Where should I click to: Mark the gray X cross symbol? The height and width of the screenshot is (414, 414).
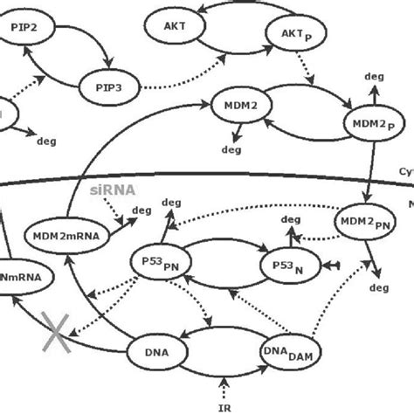(57, 333)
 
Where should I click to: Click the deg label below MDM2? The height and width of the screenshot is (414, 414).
(231, 149)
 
